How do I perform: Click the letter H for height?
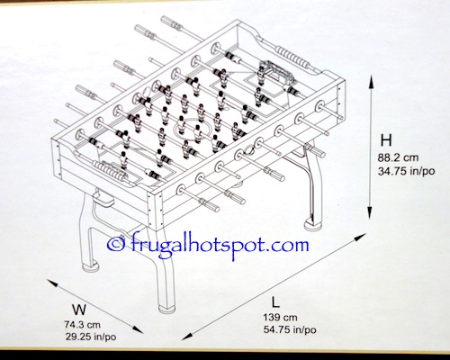(x=386, y=140)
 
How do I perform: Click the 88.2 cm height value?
(x=398, y=157)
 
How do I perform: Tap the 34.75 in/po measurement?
(x=406, y=171)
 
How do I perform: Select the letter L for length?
(x=275, y=301)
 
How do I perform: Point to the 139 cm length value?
(x=280, y=317)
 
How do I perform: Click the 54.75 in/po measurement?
(x=290, y=329)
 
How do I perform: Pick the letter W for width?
(x=79, y=310)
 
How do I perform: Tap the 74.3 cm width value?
(x=82, y=325)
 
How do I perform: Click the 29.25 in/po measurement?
(x=91, y=337)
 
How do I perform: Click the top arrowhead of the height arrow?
(x=371, y=81)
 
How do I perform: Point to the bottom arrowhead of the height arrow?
(x=370, y=213)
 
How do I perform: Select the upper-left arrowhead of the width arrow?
(x=52, y=283)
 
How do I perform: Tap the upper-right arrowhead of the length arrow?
(x=360, y=237)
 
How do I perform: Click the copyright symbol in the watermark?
(x=116, y=244)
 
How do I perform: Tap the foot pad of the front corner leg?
(x=166, y=310)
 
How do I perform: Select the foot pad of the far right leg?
(x=313, y=225)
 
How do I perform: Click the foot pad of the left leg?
(x=90, y=266)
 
